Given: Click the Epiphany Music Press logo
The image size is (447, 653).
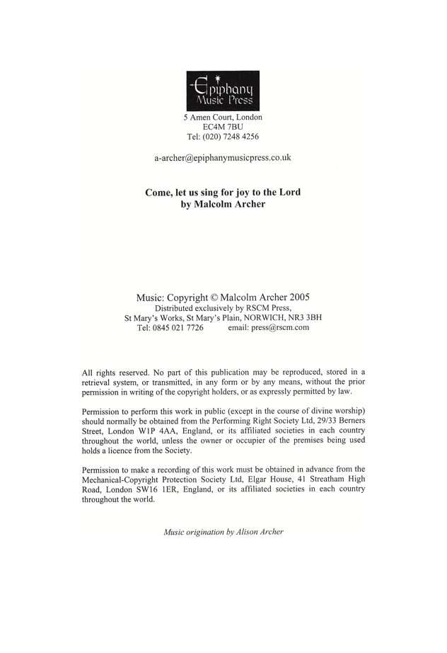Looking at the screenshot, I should pos(223,90).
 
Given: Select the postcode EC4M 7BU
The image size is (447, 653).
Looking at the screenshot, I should pos(223,127).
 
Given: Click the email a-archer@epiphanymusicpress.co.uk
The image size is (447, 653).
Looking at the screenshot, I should pos(223,158).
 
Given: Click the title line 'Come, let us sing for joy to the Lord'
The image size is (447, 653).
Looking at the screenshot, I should pos(223,192).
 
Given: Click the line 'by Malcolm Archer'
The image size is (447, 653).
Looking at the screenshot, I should pos(223,205).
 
